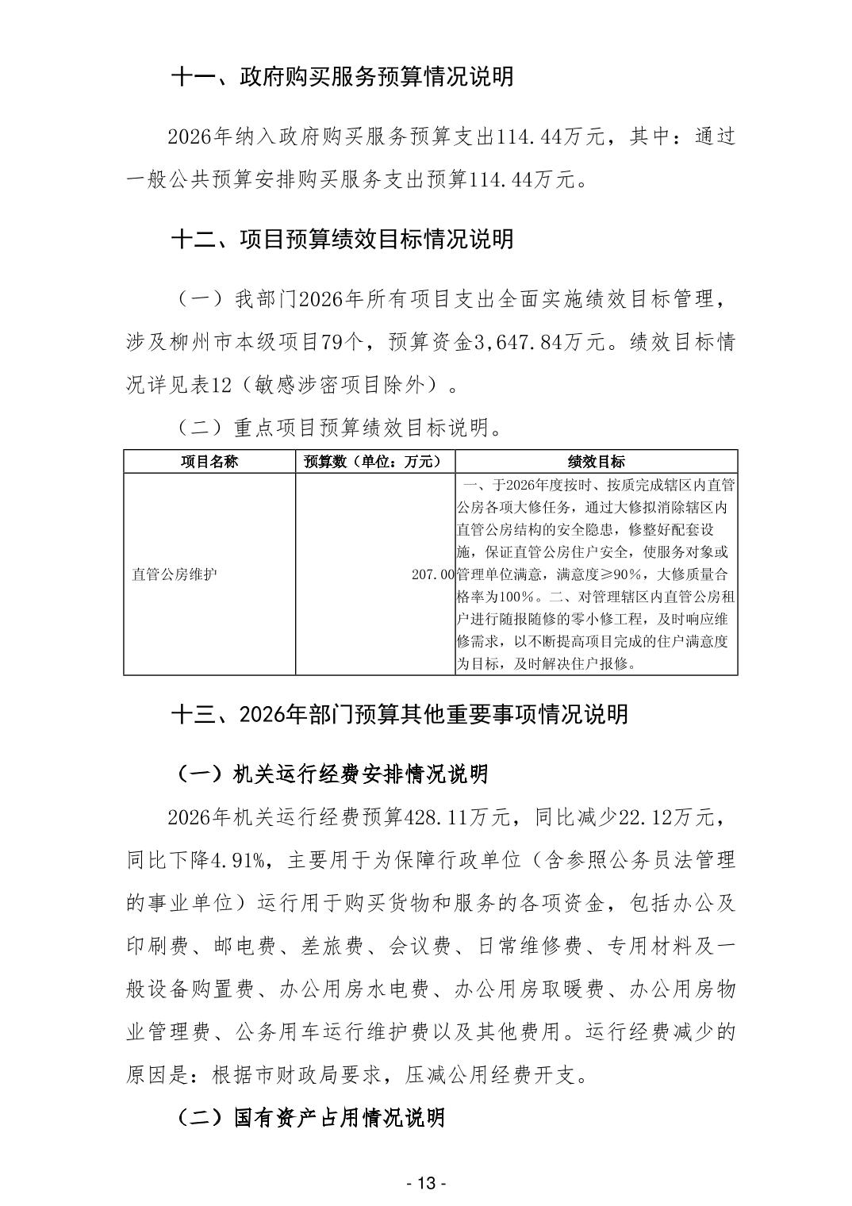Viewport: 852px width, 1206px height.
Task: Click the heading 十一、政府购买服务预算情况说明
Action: (x=342, y=77)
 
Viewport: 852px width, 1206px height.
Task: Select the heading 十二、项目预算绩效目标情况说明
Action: (x=342, y=239)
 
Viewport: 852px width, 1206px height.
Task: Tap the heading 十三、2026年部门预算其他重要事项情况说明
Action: (x=400, y=714)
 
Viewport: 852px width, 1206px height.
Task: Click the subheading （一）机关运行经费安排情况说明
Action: (x=330, y=774)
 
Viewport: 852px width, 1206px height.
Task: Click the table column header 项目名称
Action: (x=209, y=462)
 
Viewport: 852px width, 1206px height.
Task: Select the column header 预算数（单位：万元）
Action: (x=374, y=462)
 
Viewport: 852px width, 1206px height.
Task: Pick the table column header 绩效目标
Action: (x=596, y=462)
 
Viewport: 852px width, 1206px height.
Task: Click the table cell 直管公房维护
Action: (x=175, y=574)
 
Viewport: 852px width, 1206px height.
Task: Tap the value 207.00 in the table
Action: (x=432, y=574)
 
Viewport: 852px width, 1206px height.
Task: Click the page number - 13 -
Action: (x=426, y=1184)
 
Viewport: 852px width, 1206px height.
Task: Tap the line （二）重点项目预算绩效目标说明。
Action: (x=337, y=428)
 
